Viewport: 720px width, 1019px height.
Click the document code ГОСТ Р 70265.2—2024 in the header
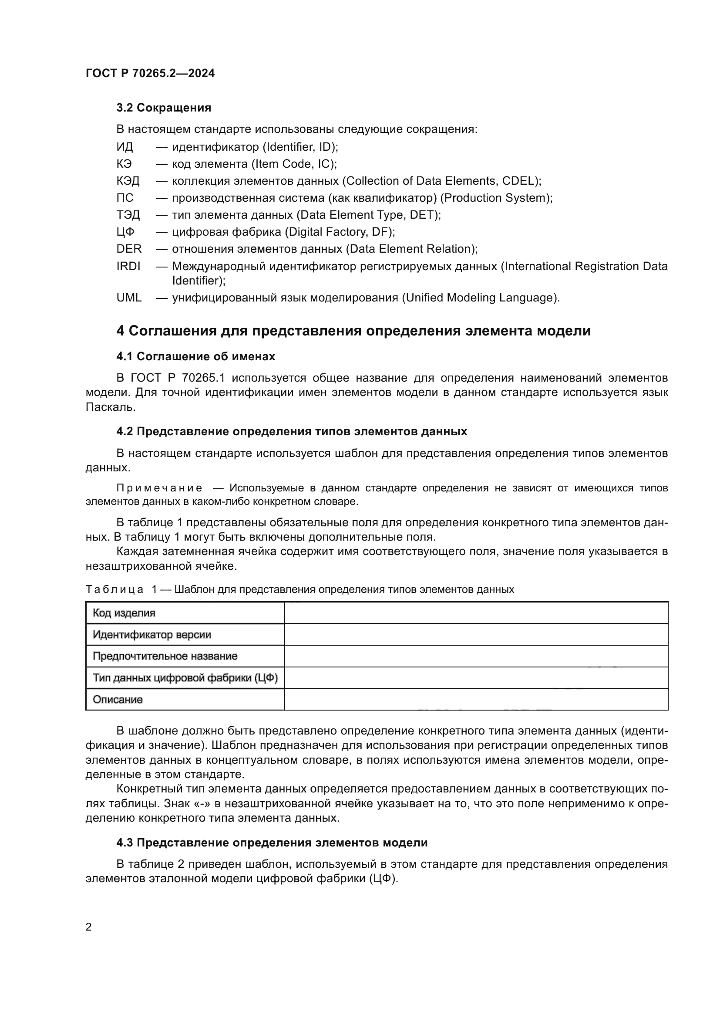(x=150, y=73)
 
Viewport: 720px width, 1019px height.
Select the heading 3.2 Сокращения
(x=164, y=108)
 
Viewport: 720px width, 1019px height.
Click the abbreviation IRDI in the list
(x=128, y=266)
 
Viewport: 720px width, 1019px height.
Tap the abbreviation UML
(x=129, y=298)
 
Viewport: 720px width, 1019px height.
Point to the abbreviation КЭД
(x=128, y=181)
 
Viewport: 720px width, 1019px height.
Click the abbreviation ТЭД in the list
(x=128, y=215)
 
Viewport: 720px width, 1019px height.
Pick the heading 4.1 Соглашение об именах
(x=195, y=356)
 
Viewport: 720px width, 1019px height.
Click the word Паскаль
(x=111, y=407)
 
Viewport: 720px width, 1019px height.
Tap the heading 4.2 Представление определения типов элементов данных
(x=291, y=431)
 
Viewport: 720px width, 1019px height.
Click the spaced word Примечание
(x=159, y=488)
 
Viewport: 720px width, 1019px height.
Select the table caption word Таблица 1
(x=121, y=589)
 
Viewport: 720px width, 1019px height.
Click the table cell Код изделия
(x=124, y=613)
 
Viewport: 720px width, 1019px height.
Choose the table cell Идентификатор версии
(x=151, y=635)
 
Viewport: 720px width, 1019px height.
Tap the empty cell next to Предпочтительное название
(x=476, y=656)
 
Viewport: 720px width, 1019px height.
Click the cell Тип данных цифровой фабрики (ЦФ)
(x=185, y=678)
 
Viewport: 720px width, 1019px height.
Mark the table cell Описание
(x=118, y=700)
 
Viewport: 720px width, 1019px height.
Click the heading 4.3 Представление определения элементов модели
(x=272, y=843)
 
